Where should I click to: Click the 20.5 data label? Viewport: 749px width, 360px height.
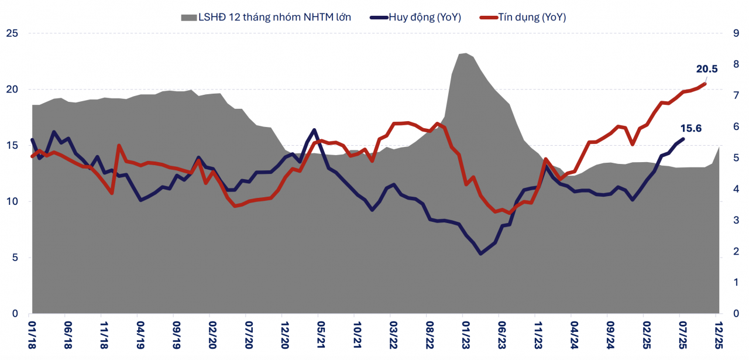tap(706, 68)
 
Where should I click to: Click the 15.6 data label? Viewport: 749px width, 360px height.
tap(690, 128)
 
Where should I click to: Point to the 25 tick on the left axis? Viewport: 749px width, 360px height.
tap(12, 33)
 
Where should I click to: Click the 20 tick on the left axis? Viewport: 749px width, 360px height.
tap(12, 90)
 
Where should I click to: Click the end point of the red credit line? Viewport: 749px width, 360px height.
tap(705, 84)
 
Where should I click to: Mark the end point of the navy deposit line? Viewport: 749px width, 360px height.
tap(683, 139)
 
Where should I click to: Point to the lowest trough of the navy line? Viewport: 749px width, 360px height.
tap(481, 253)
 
